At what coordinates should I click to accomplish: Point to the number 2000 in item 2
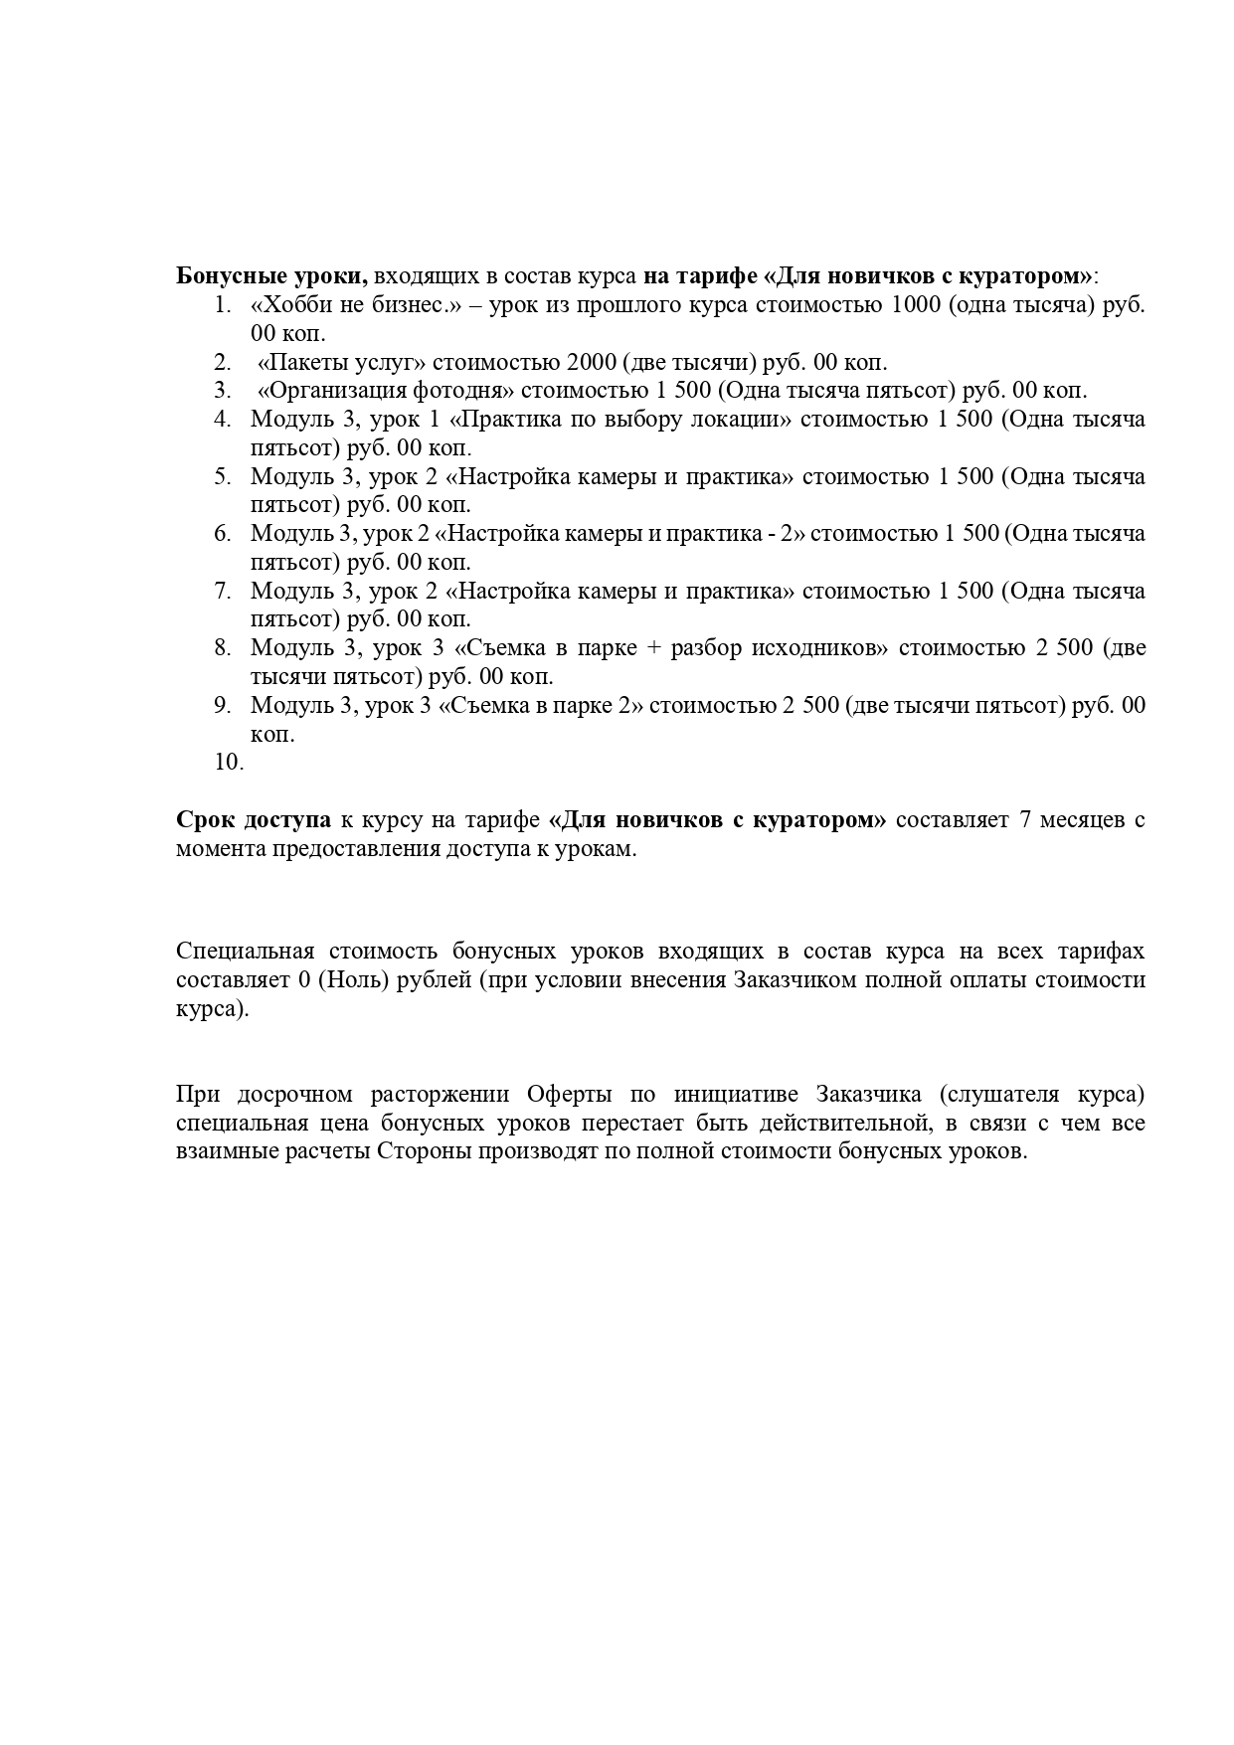pos(591,363)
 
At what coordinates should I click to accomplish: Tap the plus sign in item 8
pos(652,648)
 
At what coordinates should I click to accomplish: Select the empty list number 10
pos(228,763)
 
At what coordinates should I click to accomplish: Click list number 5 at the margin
pos(222,477)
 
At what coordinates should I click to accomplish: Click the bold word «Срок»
pos(206,820)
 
